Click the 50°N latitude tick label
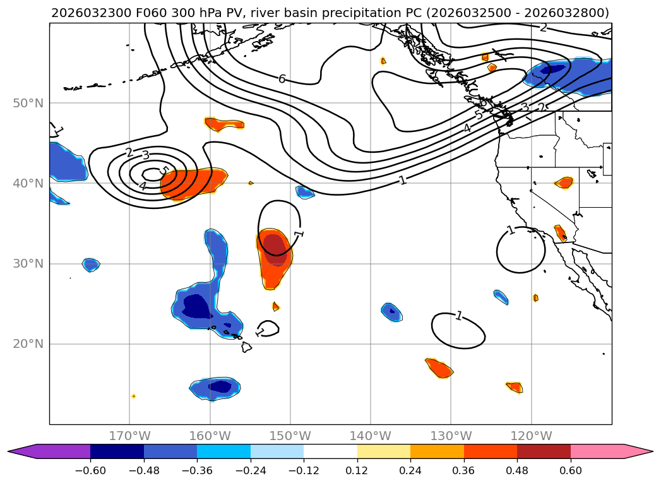pos(28,103)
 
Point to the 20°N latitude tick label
pos(28,344)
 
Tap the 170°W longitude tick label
pos(129,436)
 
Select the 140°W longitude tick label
pos(371,436)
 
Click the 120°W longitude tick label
pos(531,436)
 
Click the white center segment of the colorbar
pos(330,451)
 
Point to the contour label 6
pos(282,79)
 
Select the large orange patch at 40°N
pos(193,183)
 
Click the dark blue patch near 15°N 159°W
pos(219,386)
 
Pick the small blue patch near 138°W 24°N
pos(391,311)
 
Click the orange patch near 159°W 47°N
pos(223,124)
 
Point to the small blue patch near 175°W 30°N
pos(91,265)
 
